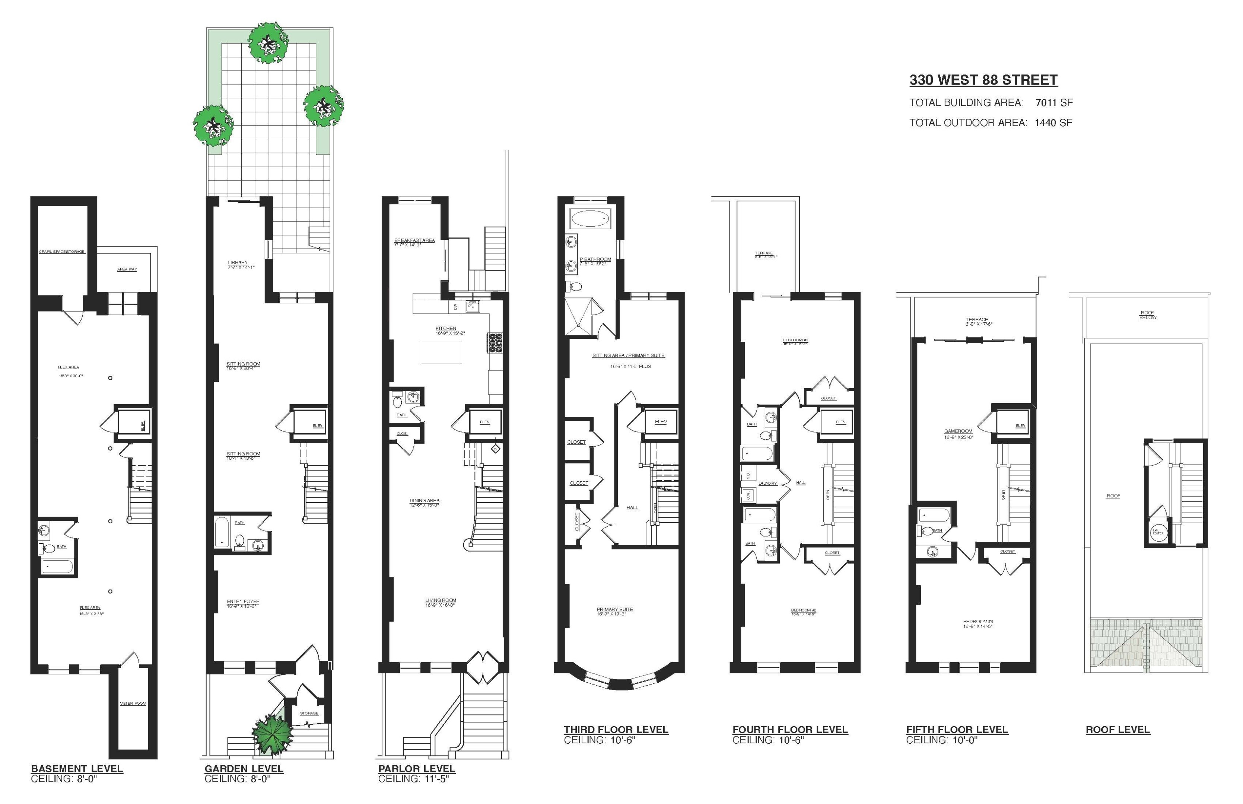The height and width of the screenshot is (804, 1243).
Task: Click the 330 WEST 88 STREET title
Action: (x=983, y=80)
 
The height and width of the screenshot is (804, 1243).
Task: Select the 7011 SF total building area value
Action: (x=1054, y=103)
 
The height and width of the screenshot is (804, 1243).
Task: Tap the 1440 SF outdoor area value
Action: (x=1053, y=123)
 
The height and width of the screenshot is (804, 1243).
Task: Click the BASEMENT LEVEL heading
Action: (x=77, y=769)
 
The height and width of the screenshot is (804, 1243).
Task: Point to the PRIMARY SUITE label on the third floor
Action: (x=615, y=609)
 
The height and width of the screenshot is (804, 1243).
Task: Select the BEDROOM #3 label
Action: (x=795, y=340)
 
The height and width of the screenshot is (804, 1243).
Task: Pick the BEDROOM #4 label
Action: (x=978, y=621)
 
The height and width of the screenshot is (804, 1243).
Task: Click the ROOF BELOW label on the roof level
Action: (x=1147, y=315)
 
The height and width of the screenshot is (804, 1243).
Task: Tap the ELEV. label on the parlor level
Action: (x=485, y=422)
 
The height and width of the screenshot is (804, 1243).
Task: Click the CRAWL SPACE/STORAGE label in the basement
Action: (x=61, y=252)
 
